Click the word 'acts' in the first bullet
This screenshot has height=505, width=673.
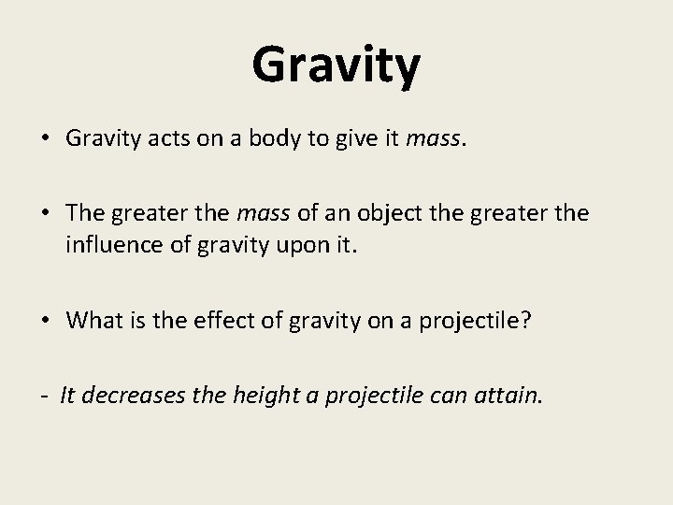[162, 138]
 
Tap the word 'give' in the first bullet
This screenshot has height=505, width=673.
[359, 138]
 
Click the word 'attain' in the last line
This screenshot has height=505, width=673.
[508, 396]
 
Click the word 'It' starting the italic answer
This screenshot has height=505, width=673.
[67, 396]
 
